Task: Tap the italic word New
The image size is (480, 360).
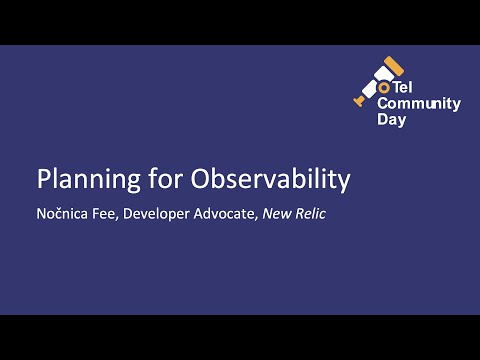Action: click(x=278, y=212)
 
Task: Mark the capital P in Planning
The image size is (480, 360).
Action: click(x=43, y=180)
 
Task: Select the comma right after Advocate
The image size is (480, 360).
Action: click(x=257, y=217)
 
